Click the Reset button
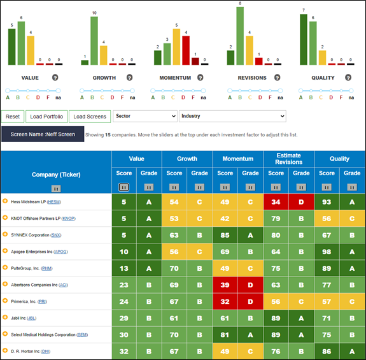tap(13, 117)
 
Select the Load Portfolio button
tap(46, 117)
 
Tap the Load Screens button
tap(90, 117)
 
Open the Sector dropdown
tap(145, 116)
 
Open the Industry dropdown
tap(232, 116)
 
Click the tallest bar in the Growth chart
tap(94, 41)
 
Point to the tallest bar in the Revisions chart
tap(240, 36)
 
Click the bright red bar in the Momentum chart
tap(186, 50)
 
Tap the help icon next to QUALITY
tap(348, 78)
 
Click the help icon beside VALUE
tap(55, 78)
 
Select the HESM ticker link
tap(54, 202)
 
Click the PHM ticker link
tap(46, 268)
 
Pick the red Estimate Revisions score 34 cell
tap(276, 202)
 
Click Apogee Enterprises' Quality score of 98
tap(327, 252)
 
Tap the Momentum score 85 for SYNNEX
tap(225, 235)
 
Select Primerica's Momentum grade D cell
tap(250, 301)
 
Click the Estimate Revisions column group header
tap(289, 159)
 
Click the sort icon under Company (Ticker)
tap(56, 189)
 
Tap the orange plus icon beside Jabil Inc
tap(5, 317)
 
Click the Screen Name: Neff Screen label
tap(43, 134)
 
